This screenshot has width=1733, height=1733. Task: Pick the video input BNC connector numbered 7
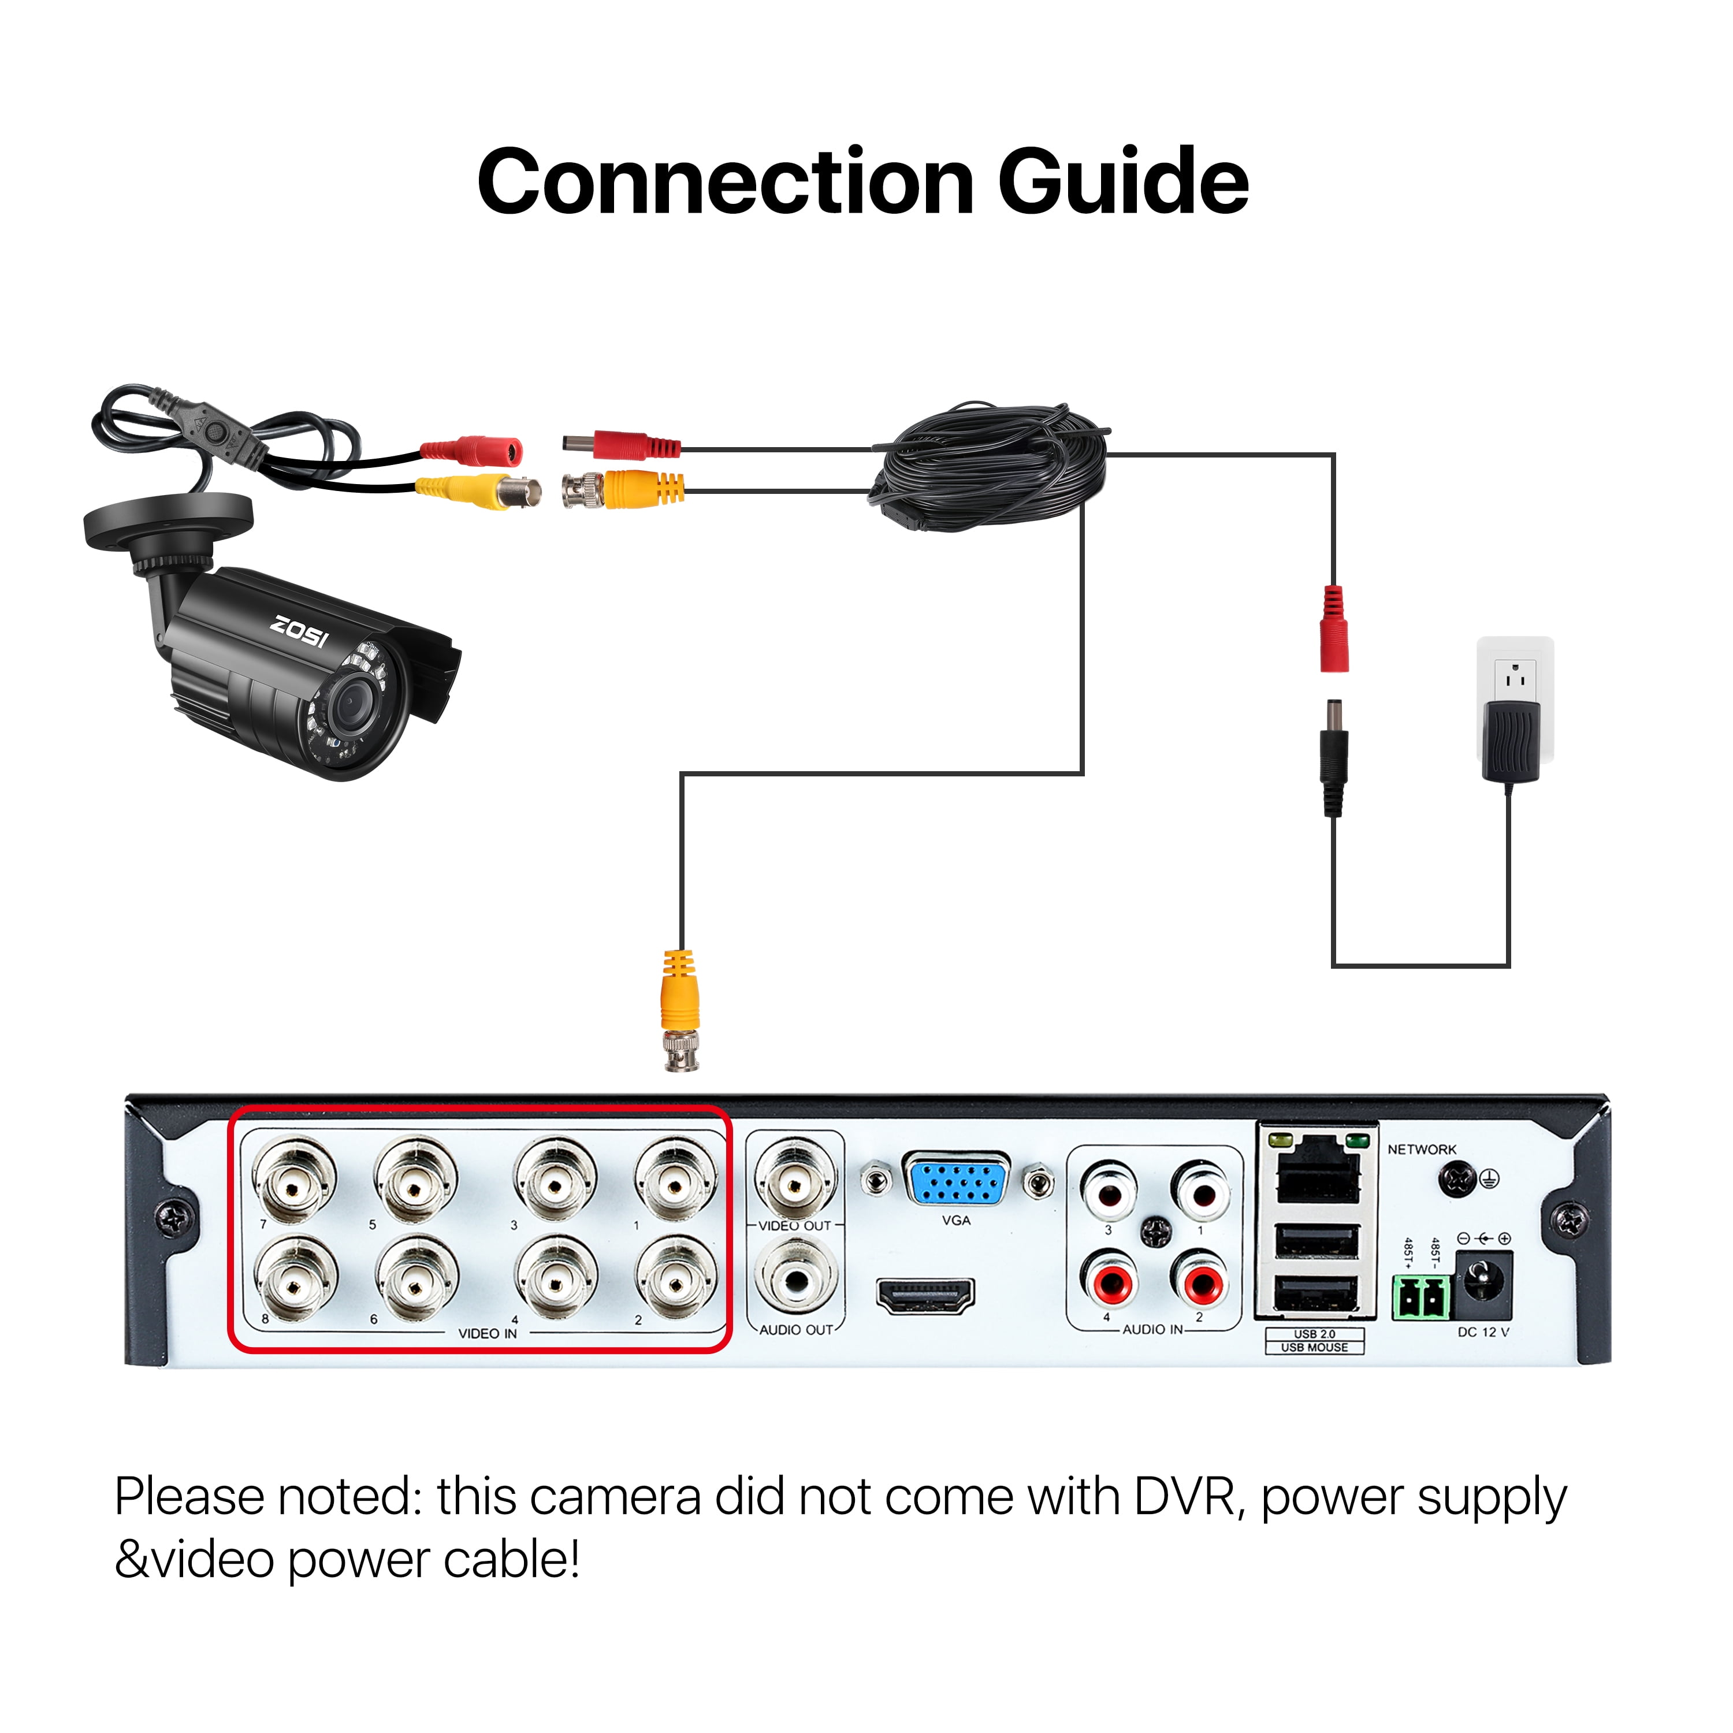click(293, 1181)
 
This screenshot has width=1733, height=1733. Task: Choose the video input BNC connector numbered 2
click(675, 1280)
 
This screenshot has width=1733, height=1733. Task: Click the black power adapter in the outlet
click(1512, 740)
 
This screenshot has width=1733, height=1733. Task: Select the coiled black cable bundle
click(991, 468)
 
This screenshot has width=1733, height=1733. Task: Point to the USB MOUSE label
click(1314, 1347)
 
